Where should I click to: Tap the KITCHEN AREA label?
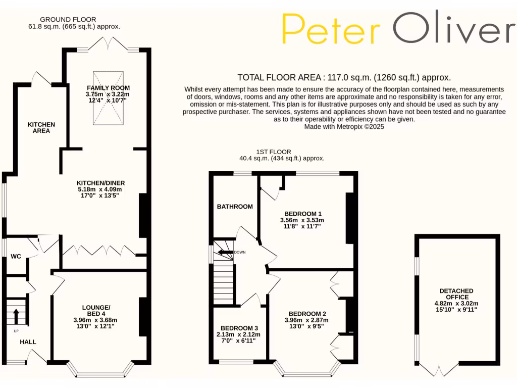click(41, 127)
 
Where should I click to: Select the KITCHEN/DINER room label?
click(100, 183)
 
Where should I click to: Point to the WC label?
click(16, 256)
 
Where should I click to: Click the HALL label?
click(28, 342)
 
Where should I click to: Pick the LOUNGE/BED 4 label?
click(96, 310)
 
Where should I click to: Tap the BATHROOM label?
click(235, 207)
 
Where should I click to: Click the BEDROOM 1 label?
click(302, 214)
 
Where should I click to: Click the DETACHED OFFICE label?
click(456, 294)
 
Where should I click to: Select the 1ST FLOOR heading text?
click(273, 152)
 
